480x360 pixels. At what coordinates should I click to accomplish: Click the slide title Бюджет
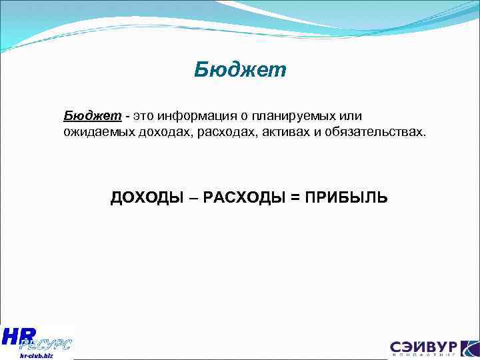coord(240,70)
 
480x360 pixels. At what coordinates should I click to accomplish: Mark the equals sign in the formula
coord(295,198)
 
